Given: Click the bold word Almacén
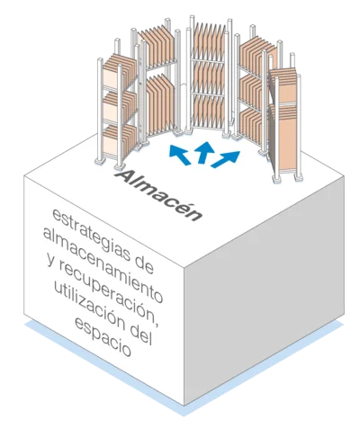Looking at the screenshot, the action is click(158, 195).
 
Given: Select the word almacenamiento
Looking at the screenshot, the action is click(103, 264).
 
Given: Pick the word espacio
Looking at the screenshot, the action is click(103, 337).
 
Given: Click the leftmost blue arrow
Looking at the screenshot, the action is click(179, 154).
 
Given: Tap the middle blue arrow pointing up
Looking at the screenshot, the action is click(204, 152).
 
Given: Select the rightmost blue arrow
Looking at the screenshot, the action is click(226, 159).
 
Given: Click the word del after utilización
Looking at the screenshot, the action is click(141, 335).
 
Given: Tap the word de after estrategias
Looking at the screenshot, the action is click(143, 264).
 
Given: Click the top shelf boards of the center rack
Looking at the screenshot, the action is click(209, 41).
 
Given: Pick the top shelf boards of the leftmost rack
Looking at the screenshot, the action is click(120, 71).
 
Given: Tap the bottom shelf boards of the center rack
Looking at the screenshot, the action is click(208, 111).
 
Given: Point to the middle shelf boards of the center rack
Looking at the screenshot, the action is click(209, 77).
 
